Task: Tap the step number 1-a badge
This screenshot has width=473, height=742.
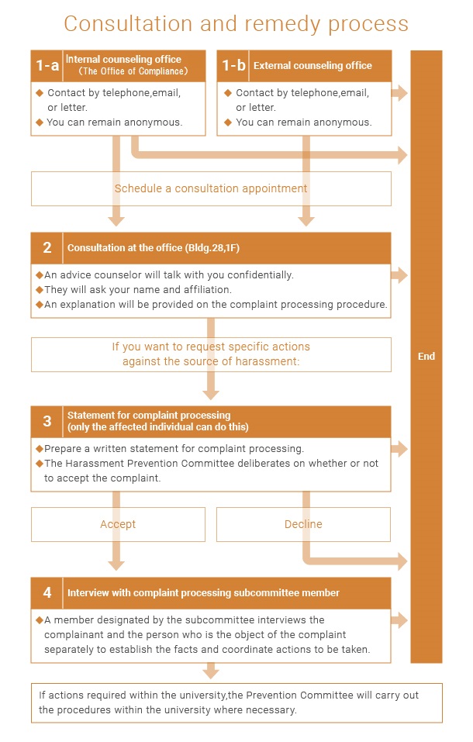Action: pos(47,66)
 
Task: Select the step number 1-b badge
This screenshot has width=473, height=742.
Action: pos(233,66)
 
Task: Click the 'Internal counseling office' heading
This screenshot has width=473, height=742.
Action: pos(124,60)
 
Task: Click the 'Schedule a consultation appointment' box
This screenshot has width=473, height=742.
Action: pos(211,188)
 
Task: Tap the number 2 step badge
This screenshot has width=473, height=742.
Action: pos(47,248)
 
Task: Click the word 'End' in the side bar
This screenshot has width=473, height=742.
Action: pos(426,357)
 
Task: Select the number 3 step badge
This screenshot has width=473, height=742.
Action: pos(47,421)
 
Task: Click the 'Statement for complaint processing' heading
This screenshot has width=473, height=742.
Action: pos(149,416)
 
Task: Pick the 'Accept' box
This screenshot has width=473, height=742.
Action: pos(118,524)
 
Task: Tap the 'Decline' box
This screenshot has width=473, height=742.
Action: pos(303,524)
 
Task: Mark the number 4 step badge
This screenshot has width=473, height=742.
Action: pos(47,593)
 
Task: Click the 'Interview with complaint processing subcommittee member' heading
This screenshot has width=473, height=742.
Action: pos(203,593)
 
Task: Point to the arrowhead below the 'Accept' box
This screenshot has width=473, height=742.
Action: pos(116,564)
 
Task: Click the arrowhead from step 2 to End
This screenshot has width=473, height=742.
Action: pos(401,274)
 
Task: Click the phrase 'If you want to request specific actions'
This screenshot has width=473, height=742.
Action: pos(211,347)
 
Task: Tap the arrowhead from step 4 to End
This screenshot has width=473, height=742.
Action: pos(401,619)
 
